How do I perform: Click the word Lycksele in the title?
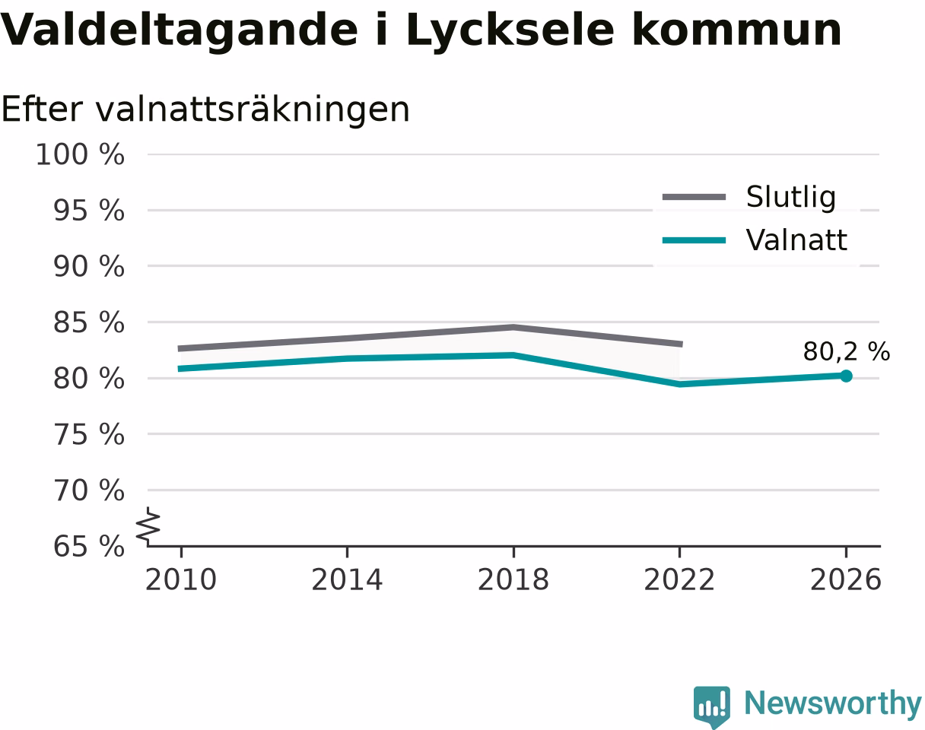coord(510,31)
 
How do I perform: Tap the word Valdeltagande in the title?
coord(179,31)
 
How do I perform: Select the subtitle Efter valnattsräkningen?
coord(205,110)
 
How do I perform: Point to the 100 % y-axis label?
coord(80,154)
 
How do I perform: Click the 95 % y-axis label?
coord(88,211)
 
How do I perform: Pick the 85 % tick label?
coord(88,322)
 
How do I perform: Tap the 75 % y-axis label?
coord(88,435)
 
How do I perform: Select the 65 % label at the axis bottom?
coord(88,547)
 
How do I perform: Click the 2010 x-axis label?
coord(181,580)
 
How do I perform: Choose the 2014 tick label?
coord(347,580)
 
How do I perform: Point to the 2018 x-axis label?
coord(513,580)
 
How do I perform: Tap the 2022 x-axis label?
coord(679,580)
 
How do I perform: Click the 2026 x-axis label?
coord(845,580)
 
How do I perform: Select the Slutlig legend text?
coord(791,198)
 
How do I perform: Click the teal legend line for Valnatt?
coord(694,240)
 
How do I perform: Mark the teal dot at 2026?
coord(846,376)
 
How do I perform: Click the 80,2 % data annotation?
coord(847,352)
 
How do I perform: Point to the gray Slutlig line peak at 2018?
coord(513,328)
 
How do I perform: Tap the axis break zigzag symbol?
coord(148,523)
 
